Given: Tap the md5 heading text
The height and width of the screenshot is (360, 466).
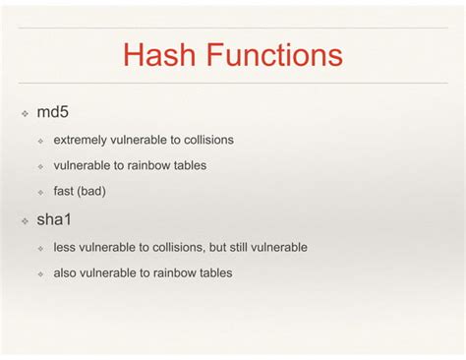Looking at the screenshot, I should [x=52, y=113].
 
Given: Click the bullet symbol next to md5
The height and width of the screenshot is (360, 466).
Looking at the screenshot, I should [x=26, y=114].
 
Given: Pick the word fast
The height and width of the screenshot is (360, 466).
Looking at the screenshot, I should [x=63, y=191].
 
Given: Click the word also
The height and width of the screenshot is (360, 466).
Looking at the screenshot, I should [x=66, y=272].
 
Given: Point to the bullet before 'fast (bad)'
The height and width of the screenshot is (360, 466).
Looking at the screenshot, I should [x=41, y=192].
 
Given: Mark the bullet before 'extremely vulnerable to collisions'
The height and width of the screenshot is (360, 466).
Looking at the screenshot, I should [x=41, y=141].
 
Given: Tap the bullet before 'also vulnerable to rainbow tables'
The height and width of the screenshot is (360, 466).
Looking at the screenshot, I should [x=41, y=273].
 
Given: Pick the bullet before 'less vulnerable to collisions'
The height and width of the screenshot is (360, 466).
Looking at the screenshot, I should [x=41, y=248].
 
